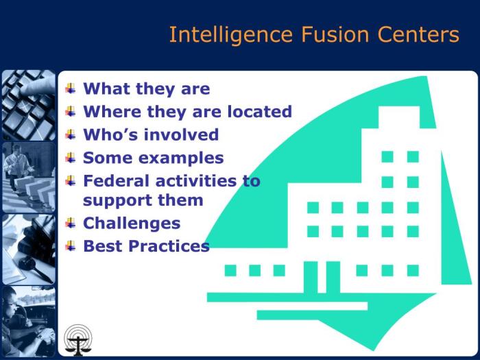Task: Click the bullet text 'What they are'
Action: coord(146,88)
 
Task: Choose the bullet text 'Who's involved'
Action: coord(151,134)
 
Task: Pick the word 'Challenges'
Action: coord(132,224)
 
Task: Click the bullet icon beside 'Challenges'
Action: coord(71,222)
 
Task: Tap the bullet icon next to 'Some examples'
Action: coord(71,157)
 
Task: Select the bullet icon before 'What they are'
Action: coord(71,88)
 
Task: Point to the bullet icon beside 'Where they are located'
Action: coord(71,111)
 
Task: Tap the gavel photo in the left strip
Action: coord(28,248)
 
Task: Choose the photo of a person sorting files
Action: coord(28,177)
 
